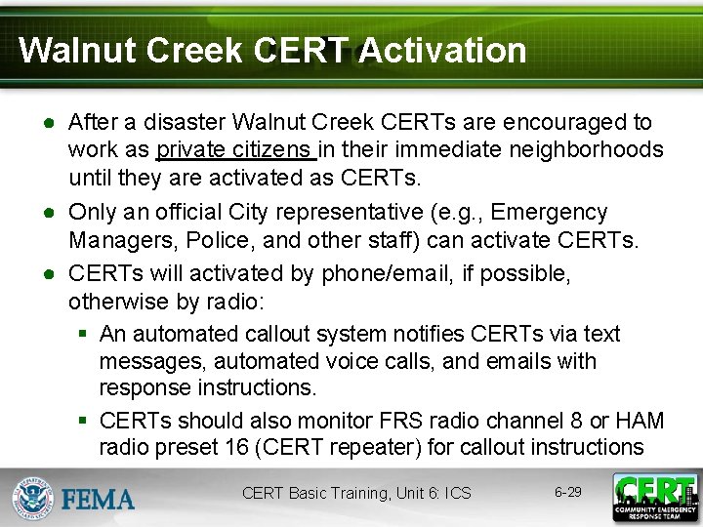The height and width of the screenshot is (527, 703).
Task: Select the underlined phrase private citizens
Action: tap(233, 150)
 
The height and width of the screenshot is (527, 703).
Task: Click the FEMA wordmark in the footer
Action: tap(99, 499)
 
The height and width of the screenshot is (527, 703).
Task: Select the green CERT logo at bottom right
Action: tap(654, 496)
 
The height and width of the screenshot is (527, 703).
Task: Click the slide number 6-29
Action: tap(567, 492)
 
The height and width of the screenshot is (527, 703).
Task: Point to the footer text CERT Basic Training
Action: tap(316, 494)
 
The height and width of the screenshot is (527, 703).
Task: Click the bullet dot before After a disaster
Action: tap(46, 124)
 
